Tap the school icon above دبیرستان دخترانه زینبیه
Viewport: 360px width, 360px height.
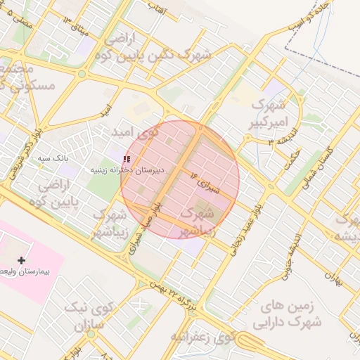[x=127, y=160]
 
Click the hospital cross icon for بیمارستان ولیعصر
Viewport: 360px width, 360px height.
[x=21, y=260]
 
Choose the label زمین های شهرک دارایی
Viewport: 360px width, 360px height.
[x=290, y=314]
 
